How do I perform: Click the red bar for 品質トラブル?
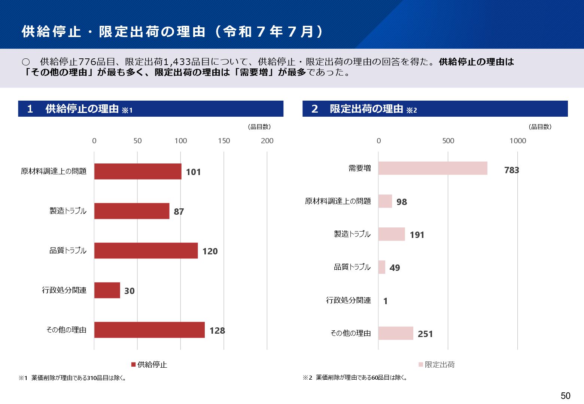(x=146, y=251)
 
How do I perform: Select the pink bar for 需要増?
(x=433, y=168)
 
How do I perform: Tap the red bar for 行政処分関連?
(x=107, y=290)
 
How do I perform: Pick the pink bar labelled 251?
(x=396, y=333)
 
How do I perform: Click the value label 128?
(x=217, y=331)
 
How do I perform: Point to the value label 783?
(x=511, y=170)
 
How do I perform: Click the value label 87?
(x=179, y=212)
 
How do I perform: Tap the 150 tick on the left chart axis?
(x=224, y=141)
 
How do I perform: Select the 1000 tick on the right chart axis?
(x=518, y=141)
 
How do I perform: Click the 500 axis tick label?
(x=448, y=141)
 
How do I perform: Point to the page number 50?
(x=565, y=396)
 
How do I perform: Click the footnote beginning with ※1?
(x=73, y=378)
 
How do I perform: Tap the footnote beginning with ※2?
(x=355, y=377)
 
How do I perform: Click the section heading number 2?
(x=314, y=109)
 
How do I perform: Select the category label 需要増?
(x=359, y=168)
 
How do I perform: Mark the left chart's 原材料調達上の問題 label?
(x=54, y=171)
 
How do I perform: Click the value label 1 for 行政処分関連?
(x=386, y=301)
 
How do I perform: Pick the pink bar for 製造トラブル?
(x=392, y=234)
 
